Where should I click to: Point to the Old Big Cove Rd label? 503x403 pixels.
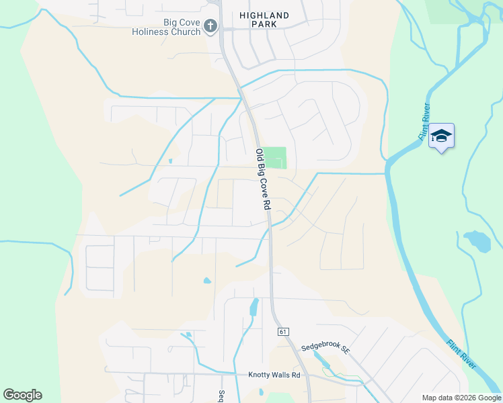click(262, 179)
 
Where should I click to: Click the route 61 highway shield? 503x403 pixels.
click(282, 332)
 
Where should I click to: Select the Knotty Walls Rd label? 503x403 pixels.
click(274, 374)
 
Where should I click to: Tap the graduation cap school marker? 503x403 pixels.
click(441, 136)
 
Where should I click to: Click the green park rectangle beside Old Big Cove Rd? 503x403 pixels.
click(274, 158)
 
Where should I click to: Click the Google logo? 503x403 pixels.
click(22, 395)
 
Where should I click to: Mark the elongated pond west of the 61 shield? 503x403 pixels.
click(254, 307)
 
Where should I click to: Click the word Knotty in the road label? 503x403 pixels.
click(260, 374)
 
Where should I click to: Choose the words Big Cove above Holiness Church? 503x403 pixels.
click(182, 22)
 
